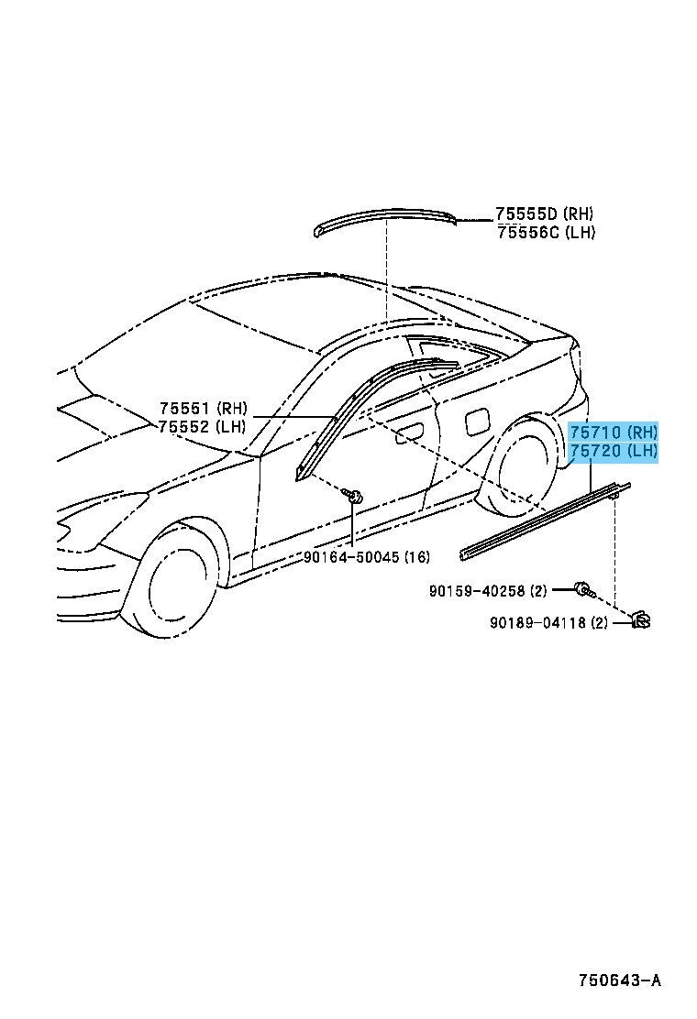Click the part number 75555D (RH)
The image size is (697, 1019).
pos(544,214)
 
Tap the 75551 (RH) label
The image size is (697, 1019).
pos(204,408)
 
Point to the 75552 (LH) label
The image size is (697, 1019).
pos(202,427)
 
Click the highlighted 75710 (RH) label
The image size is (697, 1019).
pos(614,432)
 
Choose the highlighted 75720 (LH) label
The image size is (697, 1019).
pos(614,450)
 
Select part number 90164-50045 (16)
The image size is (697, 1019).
pos(367,556)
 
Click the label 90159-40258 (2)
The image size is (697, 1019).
pos(488,591)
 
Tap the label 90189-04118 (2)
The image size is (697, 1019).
pos(548,622)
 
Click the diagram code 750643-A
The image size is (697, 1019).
pos(620,980)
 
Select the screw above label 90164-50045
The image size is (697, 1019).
pos(355,498)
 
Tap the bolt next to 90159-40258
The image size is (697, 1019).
pos(583,590)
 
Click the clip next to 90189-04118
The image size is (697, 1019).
pos(640,620)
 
